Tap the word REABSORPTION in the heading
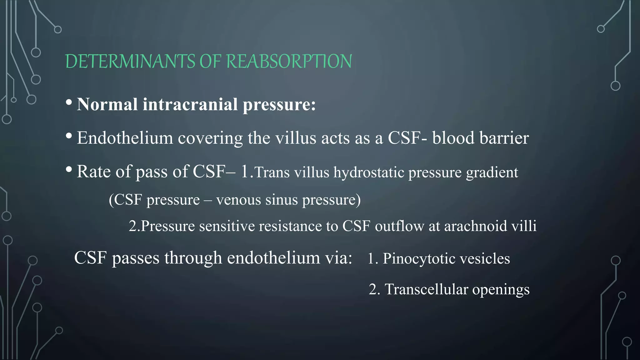pyautogui.click(x=289, y=61)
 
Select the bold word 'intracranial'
pyautogui.click(x=190, y=104)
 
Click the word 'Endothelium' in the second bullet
pyautogui.click(x=125, y=138)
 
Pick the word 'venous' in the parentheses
pyautogui.click(x=238, y=200)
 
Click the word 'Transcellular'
pyautogui.click(x=426, y=289)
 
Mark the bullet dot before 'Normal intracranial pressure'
pyautogui.click(x=69, y=103)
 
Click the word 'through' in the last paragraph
pyautogui.click(x=193, y=258)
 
